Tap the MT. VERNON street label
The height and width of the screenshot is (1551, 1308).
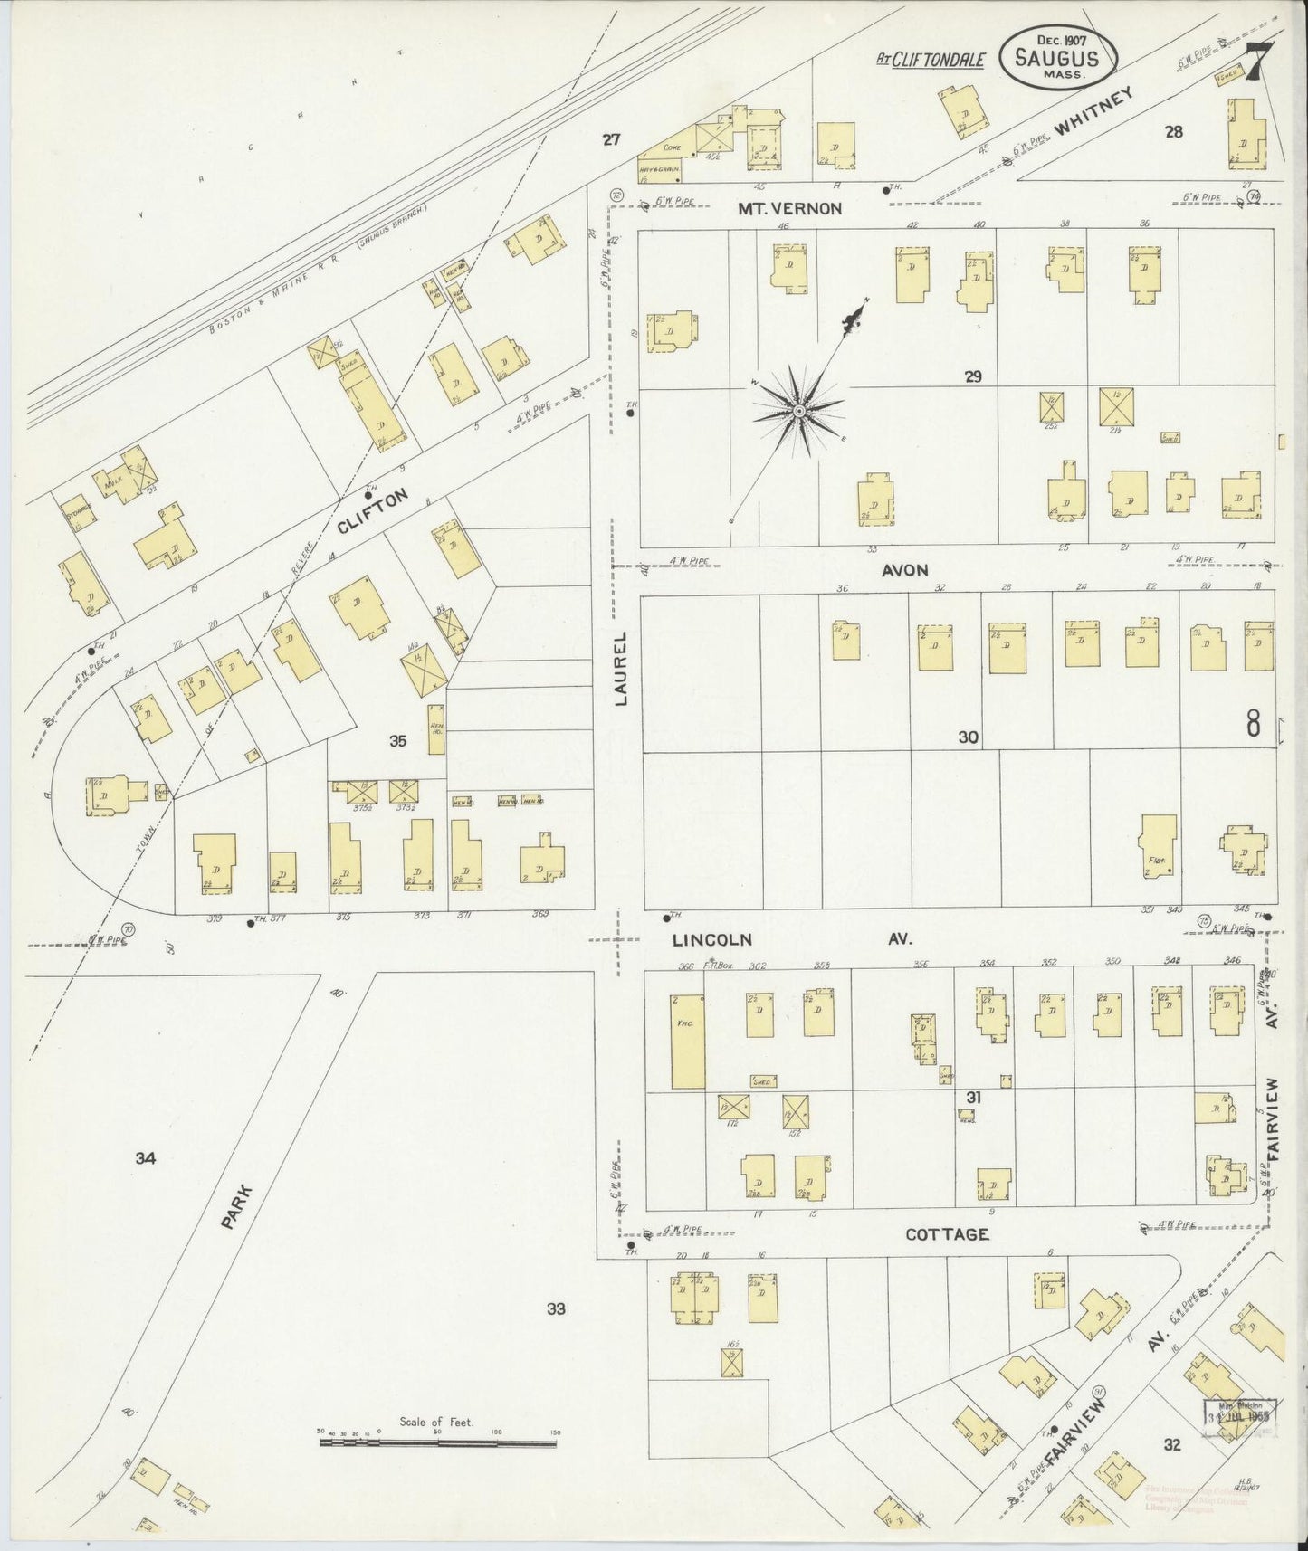click(x=789, y=208)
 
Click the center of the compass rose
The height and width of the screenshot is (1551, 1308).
click(x=799, y=412)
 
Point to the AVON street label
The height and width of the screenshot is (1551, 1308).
click(x=906, y=570)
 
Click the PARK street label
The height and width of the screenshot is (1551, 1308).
click(x=237, y=1208)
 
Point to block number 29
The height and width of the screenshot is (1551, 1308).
click(x=973, y=376)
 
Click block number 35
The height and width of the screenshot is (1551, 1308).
click(x=397, y=741)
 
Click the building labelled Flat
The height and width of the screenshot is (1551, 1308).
click(x=1159, y=847)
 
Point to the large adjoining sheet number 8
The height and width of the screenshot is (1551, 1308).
click(x=1254, y=724)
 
